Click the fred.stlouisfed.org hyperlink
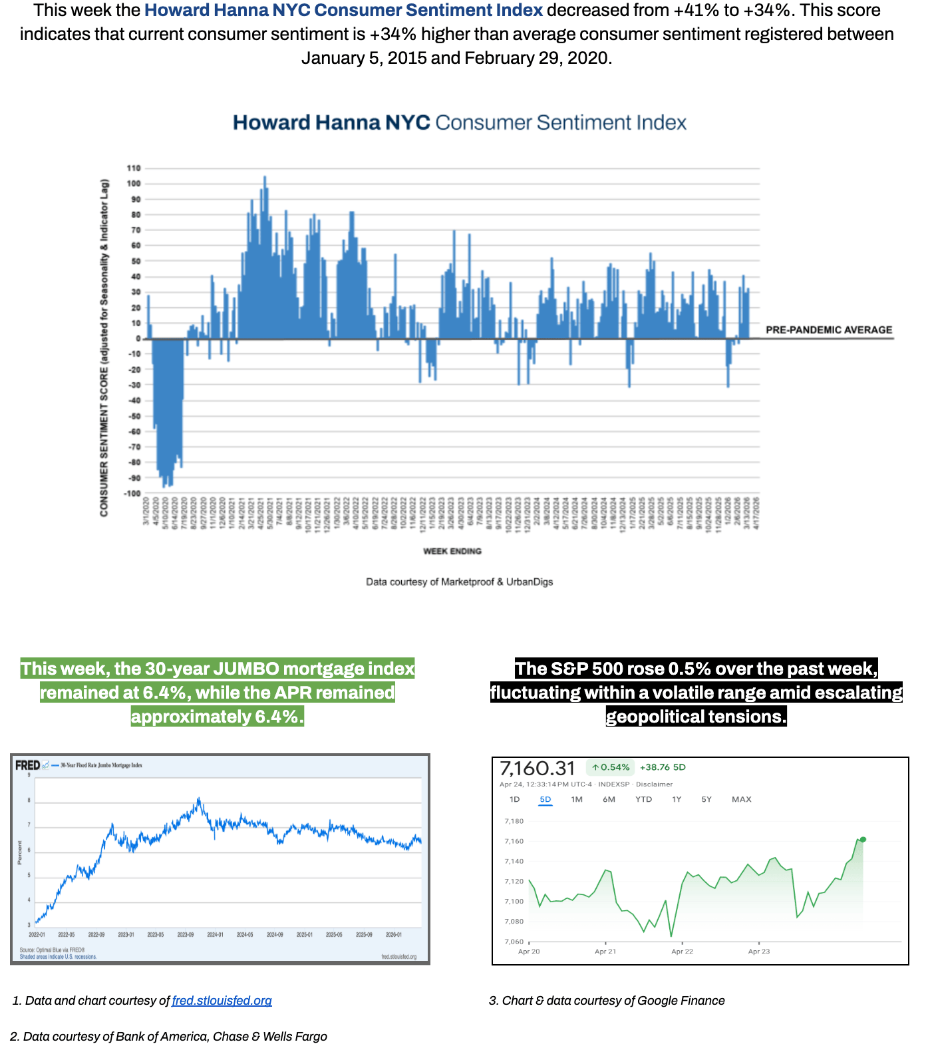[222, 1000]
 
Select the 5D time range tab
[545, 799]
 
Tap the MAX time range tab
[741, 799]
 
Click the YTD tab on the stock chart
[643, 799]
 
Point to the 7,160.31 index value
[537, 769]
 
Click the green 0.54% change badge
[611, 767]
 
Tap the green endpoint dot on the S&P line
[863, 839]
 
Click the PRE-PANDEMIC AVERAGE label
[828, 329]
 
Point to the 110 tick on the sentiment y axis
[134, 168]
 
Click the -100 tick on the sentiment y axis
[132, 493]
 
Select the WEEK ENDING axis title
[452, 551]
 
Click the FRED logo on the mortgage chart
[27, 765]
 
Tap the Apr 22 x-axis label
[682, 952]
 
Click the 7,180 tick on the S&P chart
[514, 821]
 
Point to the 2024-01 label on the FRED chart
[215, 935]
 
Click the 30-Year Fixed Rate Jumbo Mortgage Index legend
[101, 765]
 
